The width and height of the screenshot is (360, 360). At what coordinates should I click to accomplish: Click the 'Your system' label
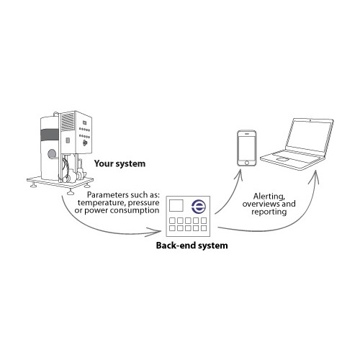click(120, 164)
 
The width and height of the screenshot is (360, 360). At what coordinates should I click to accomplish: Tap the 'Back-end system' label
click(192, 246)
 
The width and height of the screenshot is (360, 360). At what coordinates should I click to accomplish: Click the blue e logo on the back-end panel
click(199, 206)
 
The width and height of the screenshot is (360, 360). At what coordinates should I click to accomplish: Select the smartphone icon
click(247, 148)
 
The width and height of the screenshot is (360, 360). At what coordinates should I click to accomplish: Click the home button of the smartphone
click(247, 163)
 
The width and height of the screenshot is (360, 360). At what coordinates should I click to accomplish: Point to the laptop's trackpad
click(283, 159)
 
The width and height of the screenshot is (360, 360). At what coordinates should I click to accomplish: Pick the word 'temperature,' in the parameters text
click(102, 203)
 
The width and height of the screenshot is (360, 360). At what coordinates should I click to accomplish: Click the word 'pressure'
click(143, 204)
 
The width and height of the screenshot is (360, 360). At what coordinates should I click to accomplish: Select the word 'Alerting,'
click(269, 197)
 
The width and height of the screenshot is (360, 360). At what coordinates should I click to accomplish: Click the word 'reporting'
click(269, 212)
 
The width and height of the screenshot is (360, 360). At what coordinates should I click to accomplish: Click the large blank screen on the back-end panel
click(176, 206)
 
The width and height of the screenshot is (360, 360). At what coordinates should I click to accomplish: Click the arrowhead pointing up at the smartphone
click(239, 175)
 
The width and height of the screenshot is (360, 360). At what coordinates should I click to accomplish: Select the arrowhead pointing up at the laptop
click(315, 176)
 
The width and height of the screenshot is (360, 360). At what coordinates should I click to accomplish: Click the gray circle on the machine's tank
click(52, 153)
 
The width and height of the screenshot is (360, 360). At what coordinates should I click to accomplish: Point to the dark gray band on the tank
click(50, 135)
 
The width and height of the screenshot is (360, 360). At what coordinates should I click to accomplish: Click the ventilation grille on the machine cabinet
click(68, 122)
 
